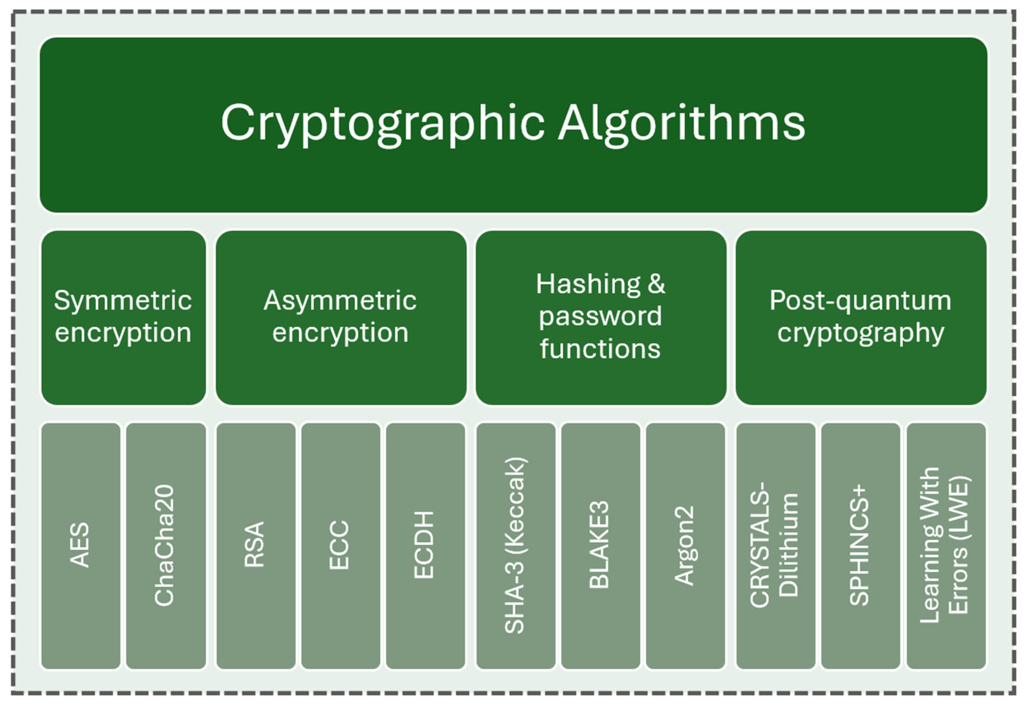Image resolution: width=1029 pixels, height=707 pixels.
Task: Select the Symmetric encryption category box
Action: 123,317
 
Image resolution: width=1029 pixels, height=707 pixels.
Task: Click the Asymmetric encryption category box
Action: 341,317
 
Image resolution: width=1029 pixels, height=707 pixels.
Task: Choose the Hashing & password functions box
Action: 601,317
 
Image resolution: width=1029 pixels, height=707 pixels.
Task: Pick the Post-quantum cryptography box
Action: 861,317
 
